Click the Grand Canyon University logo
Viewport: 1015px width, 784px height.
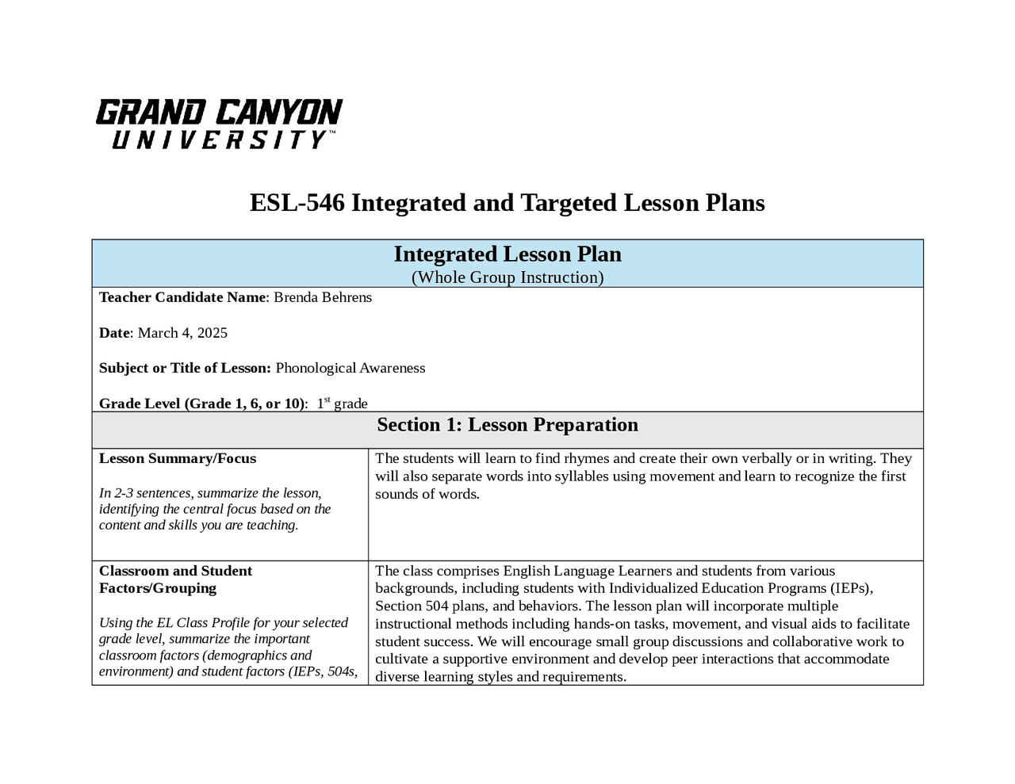tap(219, 123)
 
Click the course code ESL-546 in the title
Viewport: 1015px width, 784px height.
tap(297, 203)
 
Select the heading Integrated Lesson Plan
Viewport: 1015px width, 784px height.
tap(507, 254)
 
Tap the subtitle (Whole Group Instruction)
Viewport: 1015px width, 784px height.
tap(507, 277)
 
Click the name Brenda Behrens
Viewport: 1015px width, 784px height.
tap(323, 297)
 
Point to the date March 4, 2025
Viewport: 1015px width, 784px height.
tap(182, 333)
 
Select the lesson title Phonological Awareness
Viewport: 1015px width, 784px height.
tap(350, 368)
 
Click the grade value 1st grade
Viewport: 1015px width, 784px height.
tap(343, 403)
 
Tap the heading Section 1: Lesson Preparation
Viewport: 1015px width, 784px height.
tap(507, 425)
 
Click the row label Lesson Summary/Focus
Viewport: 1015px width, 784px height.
tap(178, 458)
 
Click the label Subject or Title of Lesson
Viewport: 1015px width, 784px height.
tap(184, 368)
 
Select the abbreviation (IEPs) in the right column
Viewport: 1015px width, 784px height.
tap(851, 588)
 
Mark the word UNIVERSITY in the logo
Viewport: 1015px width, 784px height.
tap(219, 140)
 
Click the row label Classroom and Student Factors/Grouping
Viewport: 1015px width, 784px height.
tap(175, 579)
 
